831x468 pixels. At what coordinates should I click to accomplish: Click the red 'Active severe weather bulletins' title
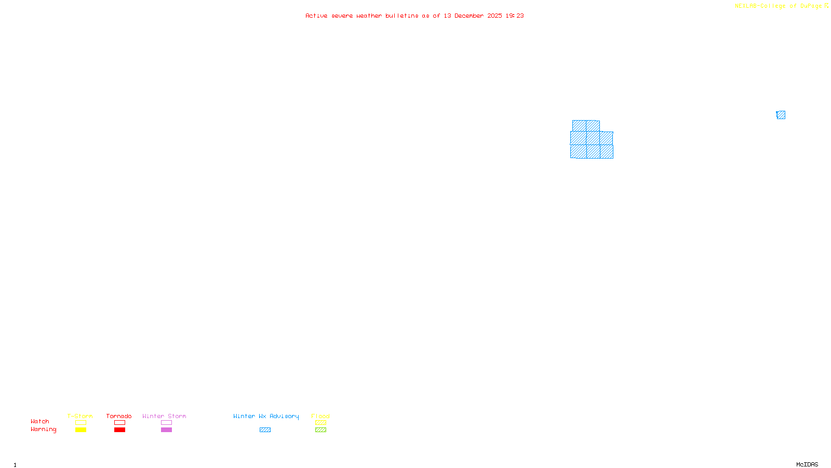[x=414, y=16]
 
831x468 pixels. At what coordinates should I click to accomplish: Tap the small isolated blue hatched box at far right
[x=781, y=115]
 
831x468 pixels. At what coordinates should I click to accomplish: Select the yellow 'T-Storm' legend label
[x=80, y=416]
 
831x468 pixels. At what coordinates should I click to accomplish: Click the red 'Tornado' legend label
[x=119, y=416]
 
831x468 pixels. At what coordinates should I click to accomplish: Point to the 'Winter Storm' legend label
[x=164, y=416]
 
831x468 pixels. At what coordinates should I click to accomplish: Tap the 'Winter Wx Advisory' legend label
[x=266, y=416]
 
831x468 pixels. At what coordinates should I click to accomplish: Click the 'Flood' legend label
[x=320, y=416]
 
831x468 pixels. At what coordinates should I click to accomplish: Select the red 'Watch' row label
[x=40, y=421]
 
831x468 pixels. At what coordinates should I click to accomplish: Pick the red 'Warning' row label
[x=43, y=430]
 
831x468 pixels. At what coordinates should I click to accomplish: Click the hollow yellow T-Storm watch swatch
[x=81, y=423]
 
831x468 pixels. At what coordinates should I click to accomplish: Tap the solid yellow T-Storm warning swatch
[x=81, y=430]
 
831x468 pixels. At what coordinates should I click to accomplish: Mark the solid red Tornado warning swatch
[x=119, y=430]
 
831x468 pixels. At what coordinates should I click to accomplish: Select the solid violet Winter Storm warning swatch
[x=166, y=430]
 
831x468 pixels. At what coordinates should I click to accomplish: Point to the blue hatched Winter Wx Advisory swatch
[x=265, y=430]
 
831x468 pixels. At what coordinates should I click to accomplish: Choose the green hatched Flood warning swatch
[x=320, y=430]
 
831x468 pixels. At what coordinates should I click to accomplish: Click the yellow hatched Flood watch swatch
[x=320, y=423]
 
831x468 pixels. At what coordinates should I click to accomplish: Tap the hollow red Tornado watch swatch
[x=119, y=423]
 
